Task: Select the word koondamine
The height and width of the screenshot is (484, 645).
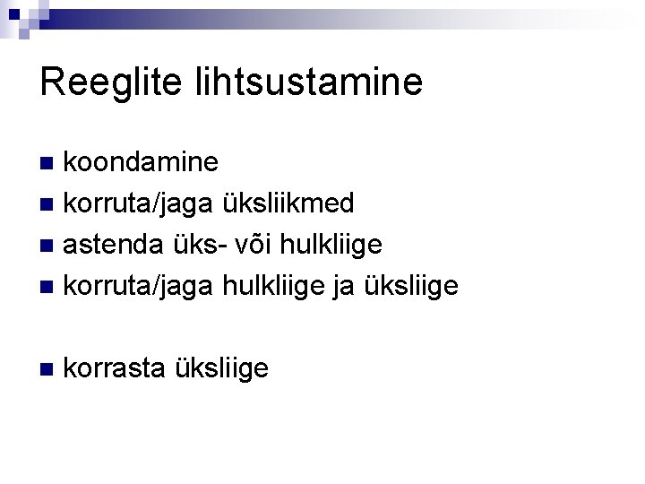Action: pos(142,162)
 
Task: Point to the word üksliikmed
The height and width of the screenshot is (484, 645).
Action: pos(288,203)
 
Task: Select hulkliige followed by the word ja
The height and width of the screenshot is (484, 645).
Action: pos(277,286)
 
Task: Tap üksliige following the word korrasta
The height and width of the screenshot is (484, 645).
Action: pos(222,368)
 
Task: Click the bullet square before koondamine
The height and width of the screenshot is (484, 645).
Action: pos(50,163)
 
